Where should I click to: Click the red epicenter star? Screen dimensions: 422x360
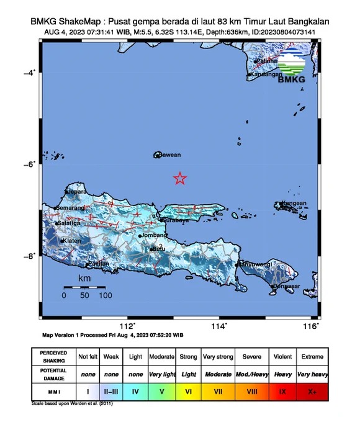179,179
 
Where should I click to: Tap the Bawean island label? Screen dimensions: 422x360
169,155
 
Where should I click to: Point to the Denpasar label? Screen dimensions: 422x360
287,286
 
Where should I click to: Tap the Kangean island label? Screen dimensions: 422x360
295,203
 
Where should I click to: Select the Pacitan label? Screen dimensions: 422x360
98,264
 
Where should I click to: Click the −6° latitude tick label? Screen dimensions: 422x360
29,164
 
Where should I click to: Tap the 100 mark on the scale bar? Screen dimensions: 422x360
105,295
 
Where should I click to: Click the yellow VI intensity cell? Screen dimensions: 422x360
189,392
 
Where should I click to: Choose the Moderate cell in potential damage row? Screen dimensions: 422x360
218,374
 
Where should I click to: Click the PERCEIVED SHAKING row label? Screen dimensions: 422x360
53,357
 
